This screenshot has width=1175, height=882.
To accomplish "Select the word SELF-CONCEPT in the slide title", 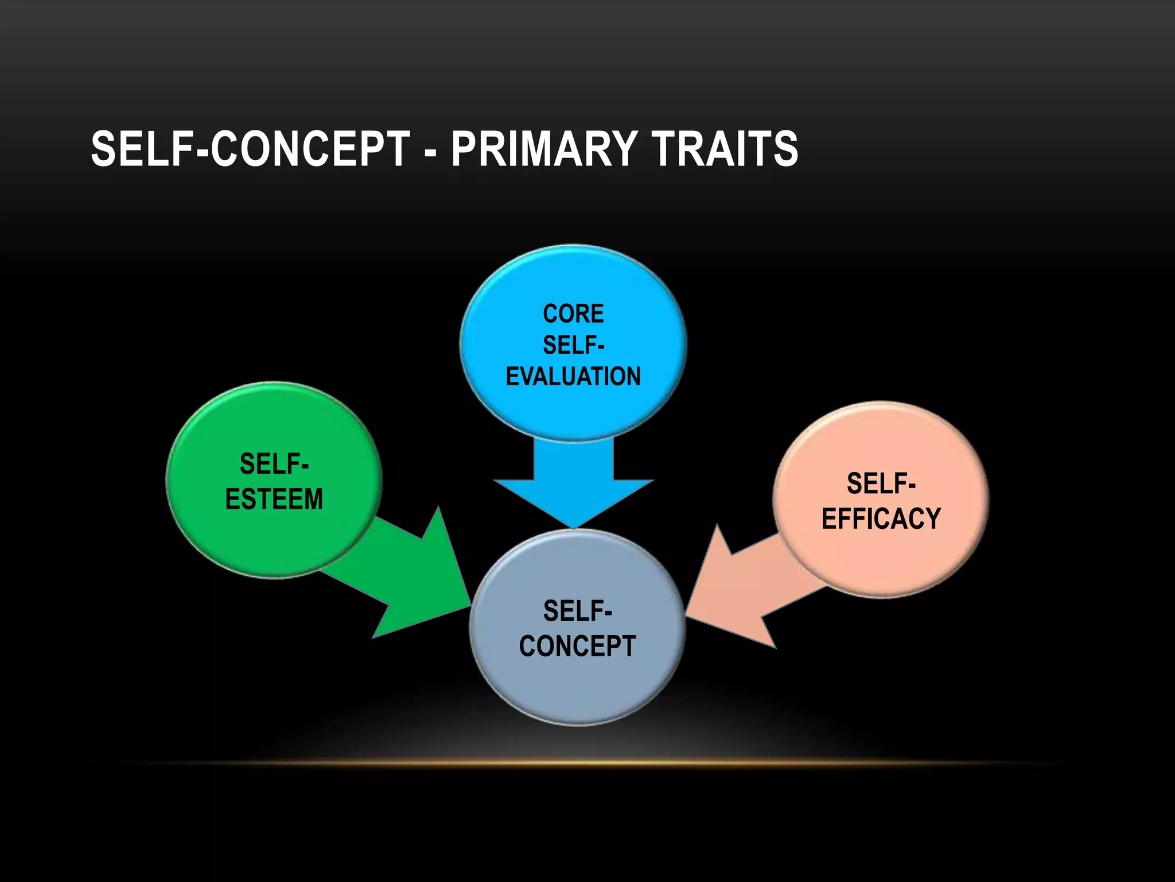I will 250,149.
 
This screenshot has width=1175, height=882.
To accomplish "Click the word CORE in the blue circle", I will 573,314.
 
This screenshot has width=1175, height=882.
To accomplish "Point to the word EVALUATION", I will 573,377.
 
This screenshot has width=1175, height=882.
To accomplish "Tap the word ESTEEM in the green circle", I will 274,499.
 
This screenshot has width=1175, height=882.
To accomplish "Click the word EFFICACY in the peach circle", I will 881,519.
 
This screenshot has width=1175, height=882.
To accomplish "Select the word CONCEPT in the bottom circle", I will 577,646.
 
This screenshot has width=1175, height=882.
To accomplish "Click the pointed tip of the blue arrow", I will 574,527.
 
